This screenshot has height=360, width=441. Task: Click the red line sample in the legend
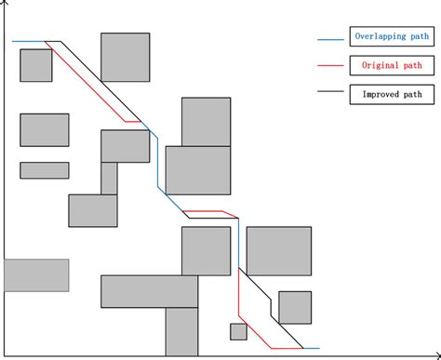[x=330, y=67]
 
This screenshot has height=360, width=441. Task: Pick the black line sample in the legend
[x=330, y=93]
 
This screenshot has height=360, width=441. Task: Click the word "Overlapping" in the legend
[x=375, y=38]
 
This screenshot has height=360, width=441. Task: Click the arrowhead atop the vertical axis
[x=7, y=5]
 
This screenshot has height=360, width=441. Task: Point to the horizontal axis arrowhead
[x=435, y=354]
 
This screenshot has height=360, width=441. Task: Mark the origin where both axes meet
[x=7, y=354]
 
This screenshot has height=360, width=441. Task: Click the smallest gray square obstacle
[x=238, y=331]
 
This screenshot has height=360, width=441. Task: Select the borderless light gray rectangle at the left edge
[x=36, y=274]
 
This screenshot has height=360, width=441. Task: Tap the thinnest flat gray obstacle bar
[x=44, y=170]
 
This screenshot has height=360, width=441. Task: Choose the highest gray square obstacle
[x=125, y=57]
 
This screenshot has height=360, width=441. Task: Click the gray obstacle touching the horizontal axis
[x=181, y=331]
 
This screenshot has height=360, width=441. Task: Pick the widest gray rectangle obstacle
[x=149, y=290]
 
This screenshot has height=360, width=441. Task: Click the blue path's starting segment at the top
[x=28, y=42]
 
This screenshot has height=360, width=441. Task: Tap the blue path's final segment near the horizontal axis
[x=309, y=348]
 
